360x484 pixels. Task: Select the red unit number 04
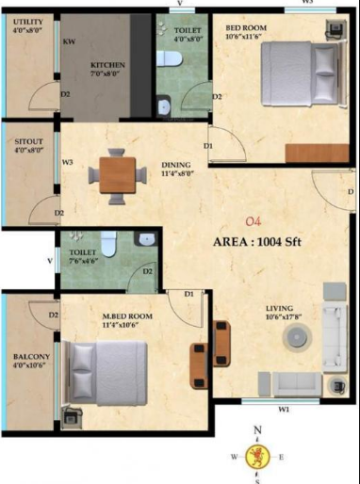(x=252, y=222)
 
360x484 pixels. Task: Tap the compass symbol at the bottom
(x=257, y=459)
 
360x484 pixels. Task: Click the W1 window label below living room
(x=283, y=410)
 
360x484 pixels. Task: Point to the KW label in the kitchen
(x=70, y=42)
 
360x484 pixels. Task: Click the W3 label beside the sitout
(x=67, y=163)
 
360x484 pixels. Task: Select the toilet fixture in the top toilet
(x=170, y=59)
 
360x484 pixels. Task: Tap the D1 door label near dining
(x=208, y=145)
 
